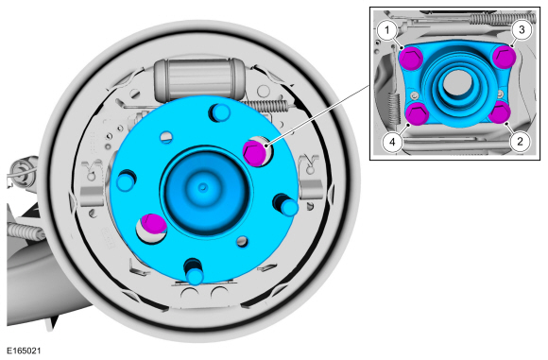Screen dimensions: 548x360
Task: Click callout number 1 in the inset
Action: coord(386,30)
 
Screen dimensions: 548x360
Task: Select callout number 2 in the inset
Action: coord(520,142)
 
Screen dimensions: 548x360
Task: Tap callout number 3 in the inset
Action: coord(522,29)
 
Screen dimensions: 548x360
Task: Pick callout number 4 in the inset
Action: coord(392,143)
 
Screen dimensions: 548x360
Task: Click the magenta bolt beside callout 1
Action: coord(411,58)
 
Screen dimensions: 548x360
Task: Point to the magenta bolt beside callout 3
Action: coord(505,58)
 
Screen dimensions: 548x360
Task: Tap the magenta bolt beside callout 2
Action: coord(499,112)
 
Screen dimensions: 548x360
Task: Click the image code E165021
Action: coord(24,351)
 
